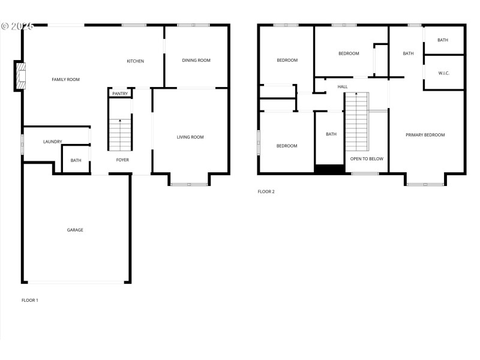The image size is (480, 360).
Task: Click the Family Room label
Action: tap(65, 79)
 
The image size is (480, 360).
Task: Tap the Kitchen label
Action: tap(135, 61)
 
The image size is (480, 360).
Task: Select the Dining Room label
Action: tap(196, 60)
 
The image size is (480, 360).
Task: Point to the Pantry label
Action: tap(120, 94)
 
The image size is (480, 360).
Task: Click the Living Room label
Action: tap(190, 137)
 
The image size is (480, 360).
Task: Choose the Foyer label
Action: tap(122, 160)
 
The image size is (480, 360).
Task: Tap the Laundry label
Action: tap(53, 142)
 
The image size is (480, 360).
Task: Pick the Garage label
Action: tap(75, 230)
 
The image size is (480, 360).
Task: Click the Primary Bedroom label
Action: tap(425, 135)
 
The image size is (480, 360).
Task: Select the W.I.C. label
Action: tap(444, 73)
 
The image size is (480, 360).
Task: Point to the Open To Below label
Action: tap(367, 159)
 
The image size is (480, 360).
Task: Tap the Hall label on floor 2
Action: tap(343, 87)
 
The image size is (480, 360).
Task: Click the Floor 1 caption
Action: tap(30, 299)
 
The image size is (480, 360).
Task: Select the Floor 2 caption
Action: tap(266, 192)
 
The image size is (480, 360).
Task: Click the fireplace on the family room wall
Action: tap(21, 76)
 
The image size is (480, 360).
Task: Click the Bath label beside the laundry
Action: tap(76, 160)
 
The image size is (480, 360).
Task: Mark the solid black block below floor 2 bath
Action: tap(329, 169)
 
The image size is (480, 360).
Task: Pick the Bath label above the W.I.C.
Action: tap(443, 40)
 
